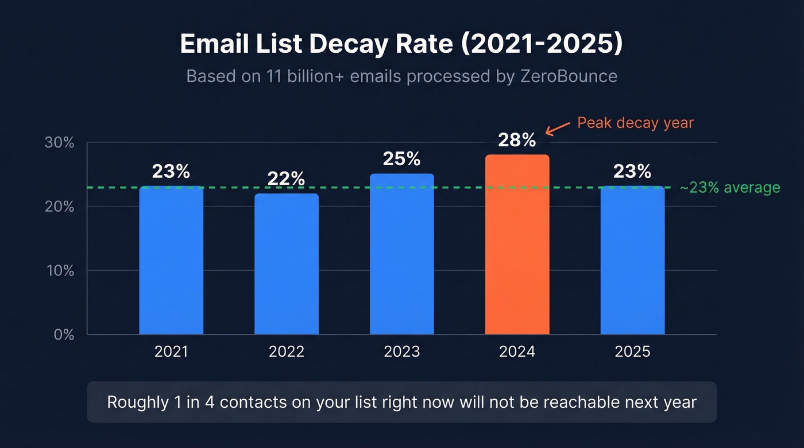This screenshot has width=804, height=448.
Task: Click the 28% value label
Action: pyautogui.click(x=517, y=140)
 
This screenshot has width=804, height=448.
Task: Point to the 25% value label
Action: pyautogui.click(x=401, y=159)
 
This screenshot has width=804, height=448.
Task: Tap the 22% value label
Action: pyautogui.click(x=287, y=179)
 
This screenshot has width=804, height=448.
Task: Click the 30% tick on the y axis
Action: pyautogui.click(x=59, y=143)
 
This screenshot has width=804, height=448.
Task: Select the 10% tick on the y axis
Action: pyautogui.click(x=59, y=271)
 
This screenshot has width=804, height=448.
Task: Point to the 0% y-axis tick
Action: pyautogui.click(x=64, y=334)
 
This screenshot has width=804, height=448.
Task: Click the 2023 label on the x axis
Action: pyautogui.click(x=401, y=352)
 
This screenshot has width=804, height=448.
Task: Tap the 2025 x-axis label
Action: pyautogui.click(x=632, y=352)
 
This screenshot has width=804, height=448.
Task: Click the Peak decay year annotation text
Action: pyautogui.click(x=635, y=123)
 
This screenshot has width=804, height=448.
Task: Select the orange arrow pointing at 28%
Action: pyautogui.click(x=556, y=128)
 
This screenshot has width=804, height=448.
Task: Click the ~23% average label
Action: pyautogui.click(x=729, y=188)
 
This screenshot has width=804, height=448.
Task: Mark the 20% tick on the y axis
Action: pyautogui.click(x=59, y=207)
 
